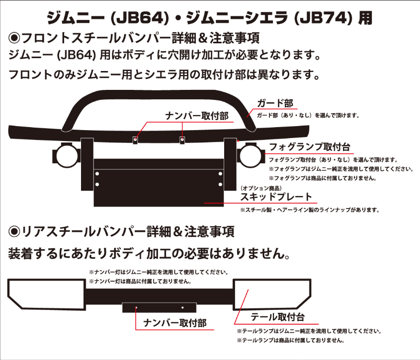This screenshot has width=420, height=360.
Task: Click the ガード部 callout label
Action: coord(275,104)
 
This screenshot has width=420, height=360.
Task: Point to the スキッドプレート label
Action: coord(276,197)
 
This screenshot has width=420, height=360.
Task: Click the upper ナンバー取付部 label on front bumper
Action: coord(196,116)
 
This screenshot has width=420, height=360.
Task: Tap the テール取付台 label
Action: coord(277,317)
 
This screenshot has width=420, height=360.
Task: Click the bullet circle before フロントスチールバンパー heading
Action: coord(14,38)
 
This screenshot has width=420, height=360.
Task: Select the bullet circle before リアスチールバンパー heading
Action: coord(14,231)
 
